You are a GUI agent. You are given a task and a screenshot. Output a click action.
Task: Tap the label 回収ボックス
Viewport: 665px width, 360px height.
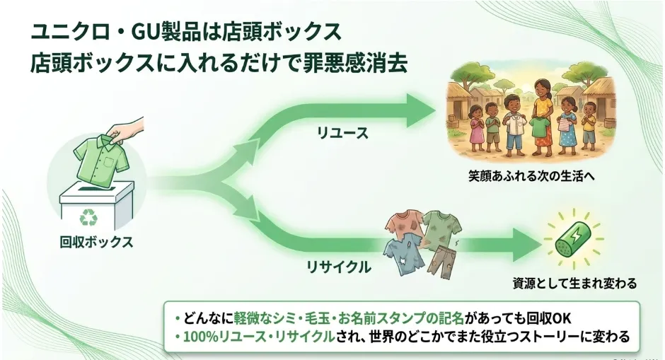(x=97, y=242)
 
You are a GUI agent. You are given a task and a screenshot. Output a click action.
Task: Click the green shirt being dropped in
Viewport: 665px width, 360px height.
(x=102, y=160)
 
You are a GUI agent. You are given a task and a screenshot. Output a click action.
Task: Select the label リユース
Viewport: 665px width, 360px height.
(x=342, y=133)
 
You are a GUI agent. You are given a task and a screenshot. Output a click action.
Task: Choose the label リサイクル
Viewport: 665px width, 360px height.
(x=339, y=267)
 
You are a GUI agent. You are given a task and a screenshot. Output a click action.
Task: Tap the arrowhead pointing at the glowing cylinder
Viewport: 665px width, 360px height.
(x=528, y=245)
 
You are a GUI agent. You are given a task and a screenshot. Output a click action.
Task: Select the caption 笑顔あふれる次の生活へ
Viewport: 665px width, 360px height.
(x=531, y=176)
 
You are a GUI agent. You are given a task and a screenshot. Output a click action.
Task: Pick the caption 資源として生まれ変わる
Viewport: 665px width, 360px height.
(x=574, y=283)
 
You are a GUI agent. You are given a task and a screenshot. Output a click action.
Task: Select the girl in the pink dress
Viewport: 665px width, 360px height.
(x=477, y=128)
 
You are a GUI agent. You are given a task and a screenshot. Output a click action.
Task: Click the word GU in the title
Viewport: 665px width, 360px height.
(x=145, y=32)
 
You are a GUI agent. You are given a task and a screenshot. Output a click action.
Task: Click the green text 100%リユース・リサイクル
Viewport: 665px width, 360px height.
(x=259, y=337)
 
